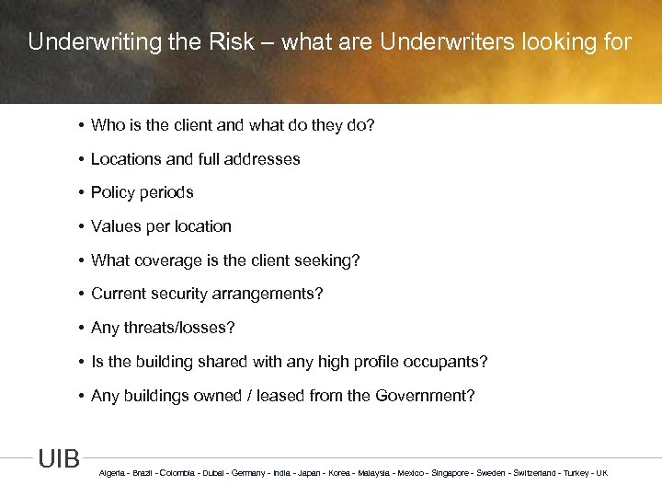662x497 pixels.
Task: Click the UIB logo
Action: [59, 458]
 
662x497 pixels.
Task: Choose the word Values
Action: [114, 226]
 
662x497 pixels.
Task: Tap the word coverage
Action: [165, 260]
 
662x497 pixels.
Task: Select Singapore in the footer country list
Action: [450, 473]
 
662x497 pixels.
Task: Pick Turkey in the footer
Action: [576, 473]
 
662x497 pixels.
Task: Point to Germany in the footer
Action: [246, 473]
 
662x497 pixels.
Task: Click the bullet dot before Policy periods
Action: [81, 192]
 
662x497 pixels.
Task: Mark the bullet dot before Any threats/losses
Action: [81, 328]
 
